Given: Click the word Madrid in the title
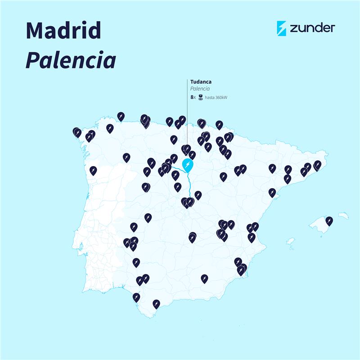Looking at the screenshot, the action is [63, 30].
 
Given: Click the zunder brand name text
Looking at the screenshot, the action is [313, 28].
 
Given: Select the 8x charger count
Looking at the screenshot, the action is [193, 97].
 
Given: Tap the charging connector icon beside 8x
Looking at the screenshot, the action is [200, 97].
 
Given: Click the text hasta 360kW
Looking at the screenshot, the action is [216, 97].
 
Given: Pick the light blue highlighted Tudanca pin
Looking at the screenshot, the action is [188, 165].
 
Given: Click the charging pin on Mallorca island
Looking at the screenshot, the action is [329, 220].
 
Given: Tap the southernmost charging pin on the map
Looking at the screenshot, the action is [156, 303].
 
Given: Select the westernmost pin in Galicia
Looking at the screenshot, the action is [77, 132].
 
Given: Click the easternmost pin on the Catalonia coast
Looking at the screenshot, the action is [317, 164].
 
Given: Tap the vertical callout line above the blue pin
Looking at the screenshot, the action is [187, 117].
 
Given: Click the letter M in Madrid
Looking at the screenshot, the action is [36, 30].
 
